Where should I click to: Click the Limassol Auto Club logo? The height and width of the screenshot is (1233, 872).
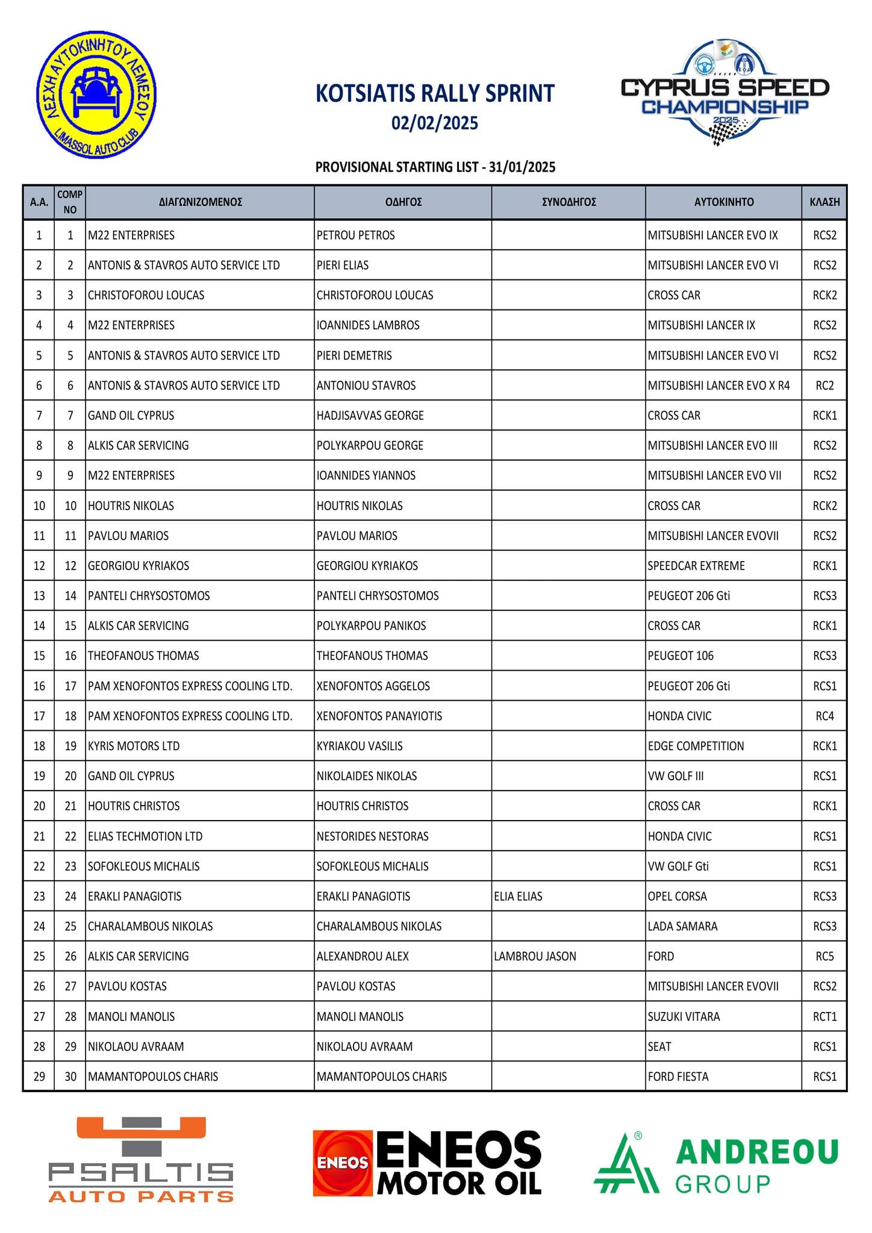coord(96,95)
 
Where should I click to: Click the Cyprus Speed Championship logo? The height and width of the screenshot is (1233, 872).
coord(725,94)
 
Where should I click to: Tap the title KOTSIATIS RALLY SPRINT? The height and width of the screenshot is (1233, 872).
coord(435,94)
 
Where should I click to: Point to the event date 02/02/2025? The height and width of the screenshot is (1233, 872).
coord(435,123)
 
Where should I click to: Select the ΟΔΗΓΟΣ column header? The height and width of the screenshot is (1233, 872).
coord(403,202)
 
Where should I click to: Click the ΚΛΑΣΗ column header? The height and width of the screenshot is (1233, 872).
coord(824,202)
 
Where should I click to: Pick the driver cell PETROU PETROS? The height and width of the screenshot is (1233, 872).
coord(356,235)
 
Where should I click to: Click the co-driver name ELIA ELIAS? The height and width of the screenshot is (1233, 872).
coord(518,896)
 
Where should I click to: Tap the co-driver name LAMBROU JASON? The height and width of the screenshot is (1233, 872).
coord(535,957)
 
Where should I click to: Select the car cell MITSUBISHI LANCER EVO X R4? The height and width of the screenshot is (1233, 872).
coord(718,386)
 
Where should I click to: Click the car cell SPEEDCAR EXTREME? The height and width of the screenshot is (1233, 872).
coord(696,566)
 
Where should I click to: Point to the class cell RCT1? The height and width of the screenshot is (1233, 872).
coord(824,1017)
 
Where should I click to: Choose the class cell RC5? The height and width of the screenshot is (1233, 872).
coord(824,957)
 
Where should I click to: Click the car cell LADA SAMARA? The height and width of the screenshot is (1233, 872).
coord(682,927)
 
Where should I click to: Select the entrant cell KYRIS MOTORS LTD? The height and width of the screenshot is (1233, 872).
coord(134,747)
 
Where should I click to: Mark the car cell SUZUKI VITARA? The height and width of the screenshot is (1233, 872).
coord(684,1017)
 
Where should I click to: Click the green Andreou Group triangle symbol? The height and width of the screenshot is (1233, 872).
coord(626,1164)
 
